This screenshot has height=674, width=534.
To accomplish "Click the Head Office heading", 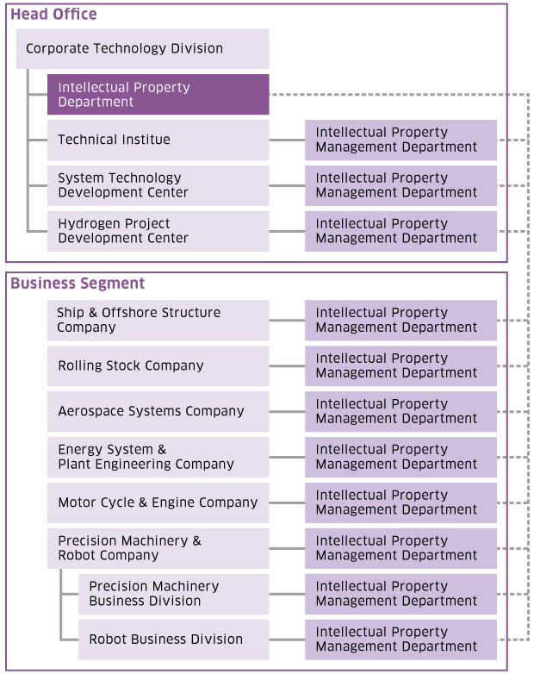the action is click(x=53, y=14).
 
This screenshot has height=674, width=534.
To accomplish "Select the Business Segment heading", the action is click(x=78, y=284).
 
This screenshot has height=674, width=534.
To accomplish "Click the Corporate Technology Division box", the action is click(x=143, y=48).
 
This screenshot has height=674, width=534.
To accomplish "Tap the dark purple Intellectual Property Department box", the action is click(x=158, y=95).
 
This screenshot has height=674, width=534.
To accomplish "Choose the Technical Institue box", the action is click(x=158, y=140).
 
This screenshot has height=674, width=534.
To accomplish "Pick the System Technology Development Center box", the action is click(x=158, y=185).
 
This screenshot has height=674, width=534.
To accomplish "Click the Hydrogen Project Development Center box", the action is click(x=158, y=231).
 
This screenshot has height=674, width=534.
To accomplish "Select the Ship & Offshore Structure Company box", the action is click(x=158, y=321).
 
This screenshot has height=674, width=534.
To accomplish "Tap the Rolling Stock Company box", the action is click(x=158, y=365).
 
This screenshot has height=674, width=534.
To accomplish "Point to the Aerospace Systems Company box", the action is click(x=158, y=411).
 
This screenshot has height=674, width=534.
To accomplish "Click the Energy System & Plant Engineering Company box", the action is click(x=158, y=457).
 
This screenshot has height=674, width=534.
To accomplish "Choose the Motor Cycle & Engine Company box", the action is click(x=158, y=502).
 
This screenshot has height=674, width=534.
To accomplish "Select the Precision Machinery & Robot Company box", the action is click(x=158, y=548).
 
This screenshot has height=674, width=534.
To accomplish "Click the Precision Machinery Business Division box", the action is click(x=174, y=594).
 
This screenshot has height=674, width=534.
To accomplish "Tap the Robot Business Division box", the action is click(x=174, y=640).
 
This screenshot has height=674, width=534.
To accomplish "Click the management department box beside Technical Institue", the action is click(x=400, y=140).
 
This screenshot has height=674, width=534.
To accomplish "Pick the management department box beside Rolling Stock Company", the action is click(x=400, y=365).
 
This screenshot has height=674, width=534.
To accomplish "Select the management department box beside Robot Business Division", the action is click(x=400, y=640).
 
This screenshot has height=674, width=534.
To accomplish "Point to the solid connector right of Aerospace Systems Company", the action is click(x=287, y=412).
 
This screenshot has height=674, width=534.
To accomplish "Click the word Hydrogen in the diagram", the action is click(x=86, y=224).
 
